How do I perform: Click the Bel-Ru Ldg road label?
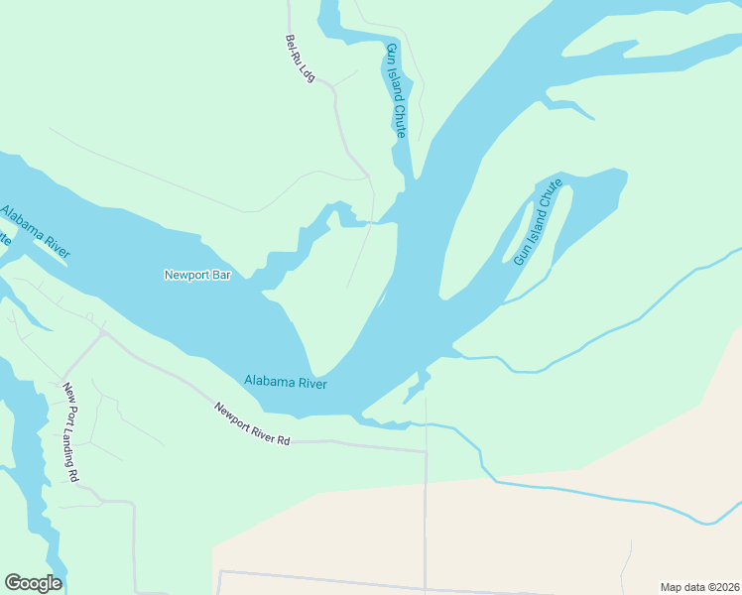point(299,59)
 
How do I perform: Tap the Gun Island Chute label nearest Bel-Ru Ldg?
point(396,89)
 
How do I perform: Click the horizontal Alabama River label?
point(286,382)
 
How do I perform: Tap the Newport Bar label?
point(196,275)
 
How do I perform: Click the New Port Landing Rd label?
point(70,432)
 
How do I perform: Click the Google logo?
point(33,583)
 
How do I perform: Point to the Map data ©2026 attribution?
point(699,586)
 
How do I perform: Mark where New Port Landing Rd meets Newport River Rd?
point(102,334)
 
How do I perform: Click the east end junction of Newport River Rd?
point(425,452)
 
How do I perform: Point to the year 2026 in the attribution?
point(726,586)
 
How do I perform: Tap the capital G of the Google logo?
point(13,583)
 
